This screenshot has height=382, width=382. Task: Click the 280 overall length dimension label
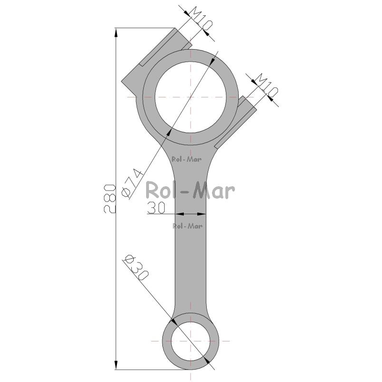coord(110,199)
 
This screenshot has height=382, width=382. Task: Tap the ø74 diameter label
coord(132,183)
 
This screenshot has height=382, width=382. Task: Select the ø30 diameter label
coord(136,268)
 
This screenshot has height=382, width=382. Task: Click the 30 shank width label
coord(156,208)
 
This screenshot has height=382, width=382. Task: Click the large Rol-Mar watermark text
coord(190,190)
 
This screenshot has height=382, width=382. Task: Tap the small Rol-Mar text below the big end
coord(187,159)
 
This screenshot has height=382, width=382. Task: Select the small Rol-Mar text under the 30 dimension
coord(188,226)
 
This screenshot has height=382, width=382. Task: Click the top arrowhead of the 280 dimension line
coord(116,32)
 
